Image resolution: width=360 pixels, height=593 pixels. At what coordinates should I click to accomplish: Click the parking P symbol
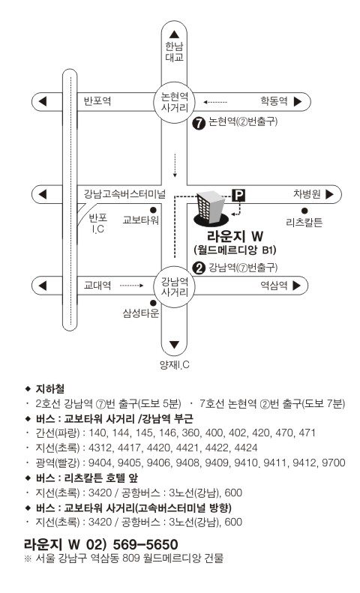tap(238, 195)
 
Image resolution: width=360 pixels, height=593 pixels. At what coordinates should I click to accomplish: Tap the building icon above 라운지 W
tap(211, 208)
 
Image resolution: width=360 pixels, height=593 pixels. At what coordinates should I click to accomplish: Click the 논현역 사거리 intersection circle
tap(174, 102)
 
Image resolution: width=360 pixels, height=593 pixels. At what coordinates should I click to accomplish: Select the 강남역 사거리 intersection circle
tap(174, 286)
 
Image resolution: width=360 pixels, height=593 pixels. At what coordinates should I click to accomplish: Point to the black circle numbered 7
tap(199, 123)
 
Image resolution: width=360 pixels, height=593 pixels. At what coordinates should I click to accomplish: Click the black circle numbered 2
tap(199, 268)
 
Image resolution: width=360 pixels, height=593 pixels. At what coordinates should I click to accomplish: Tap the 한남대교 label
tap(174, 52)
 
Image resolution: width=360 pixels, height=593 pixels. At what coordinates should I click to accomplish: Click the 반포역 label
tap(97, 101)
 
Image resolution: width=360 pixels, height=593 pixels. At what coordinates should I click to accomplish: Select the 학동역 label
tap(274, 101)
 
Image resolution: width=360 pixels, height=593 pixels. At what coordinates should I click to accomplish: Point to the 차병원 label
tap(307, 194)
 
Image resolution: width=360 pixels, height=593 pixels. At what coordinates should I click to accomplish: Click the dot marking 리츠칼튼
tap(304, 211)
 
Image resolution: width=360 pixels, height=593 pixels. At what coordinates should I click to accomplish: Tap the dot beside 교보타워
tap(153, 209)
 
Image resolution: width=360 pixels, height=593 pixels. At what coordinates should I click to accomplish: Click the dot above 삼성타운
tap(153, 303)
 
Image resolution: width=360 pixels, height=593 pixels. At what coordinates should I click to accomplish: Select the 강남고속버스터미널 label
tap(124, 194)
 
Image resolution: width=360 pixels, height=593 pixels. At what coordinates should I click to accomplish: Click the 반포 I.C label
tap(98, 223)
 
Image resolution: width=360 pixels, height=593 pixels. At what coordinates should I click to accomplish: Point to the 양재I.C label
tap(174, 365)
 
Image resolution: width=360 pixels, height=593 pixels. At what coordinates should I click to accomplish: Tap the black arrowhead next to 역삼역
tap(296, 286)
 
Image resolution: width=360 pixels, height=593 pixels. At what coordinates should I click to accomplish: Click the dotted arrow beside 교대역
tap(132, 286)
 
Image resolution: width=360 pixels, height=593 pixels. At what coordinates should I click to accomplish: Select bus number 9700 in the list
tap(334, 463)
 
